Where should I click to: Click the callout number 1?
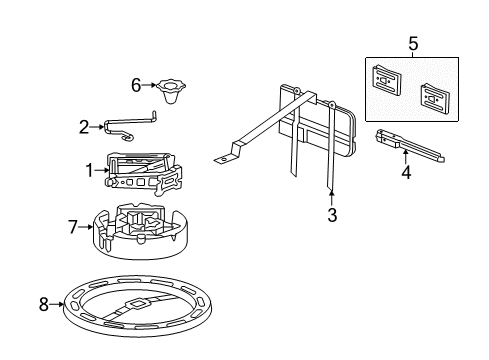[89, 170]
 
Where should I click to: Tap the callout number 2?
[84, 126]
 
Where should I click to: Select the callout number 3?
[332, 214]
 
